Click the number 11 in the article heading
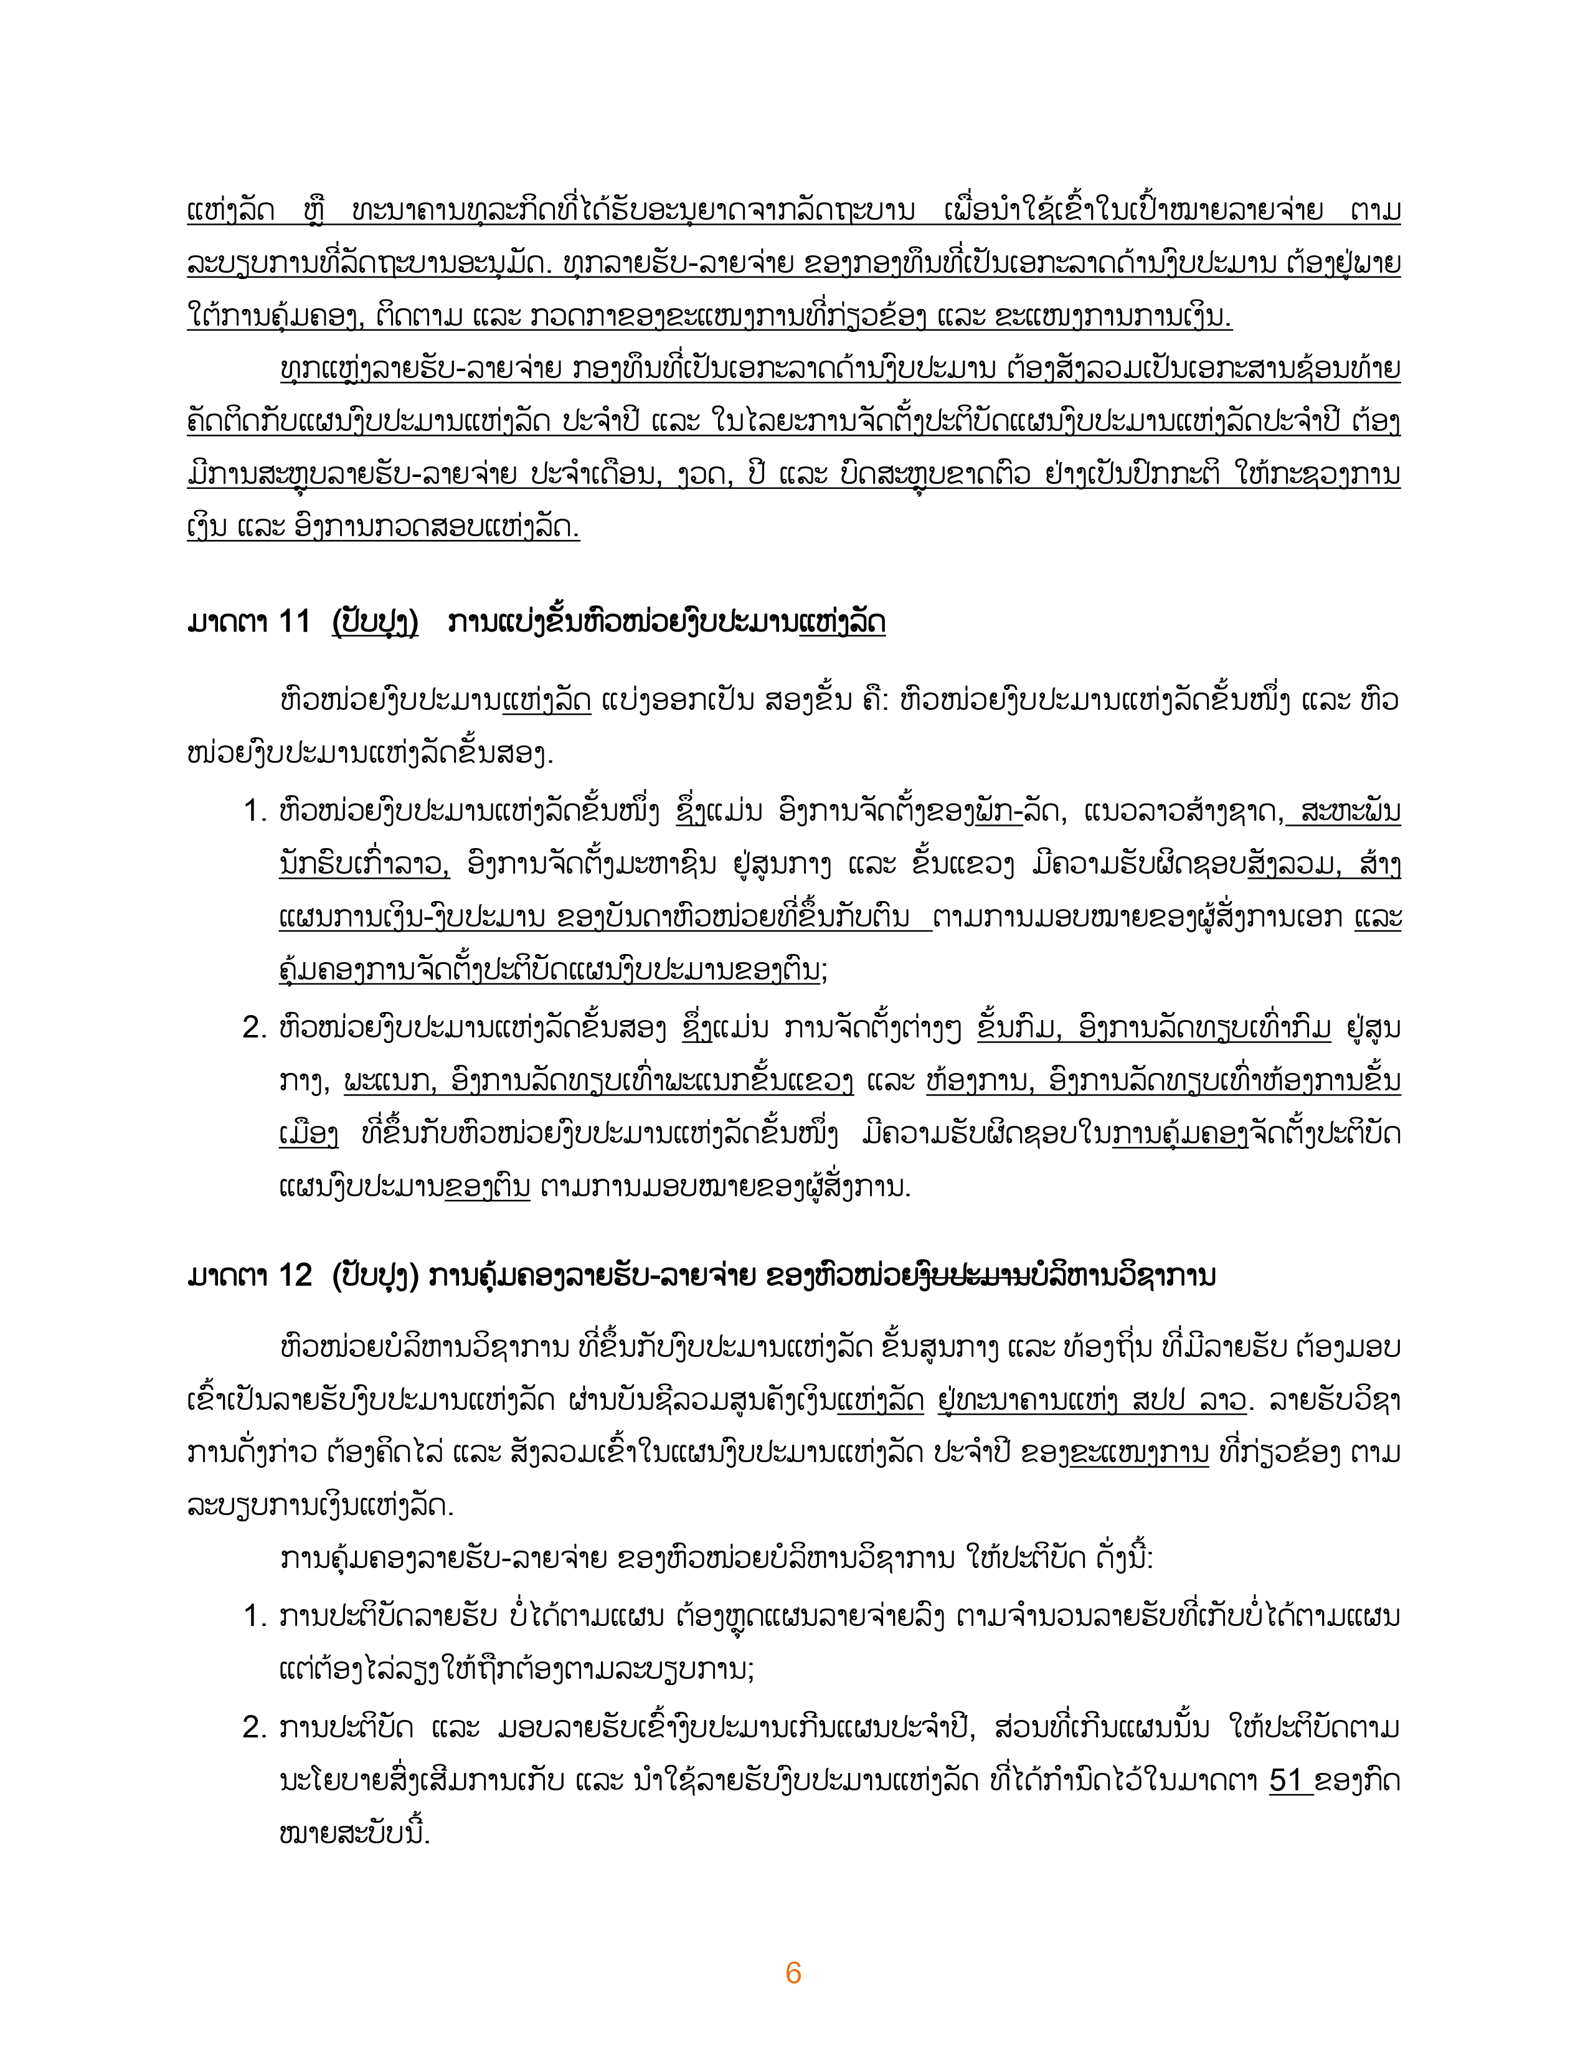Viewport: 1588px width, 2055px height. coord(293,623)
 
